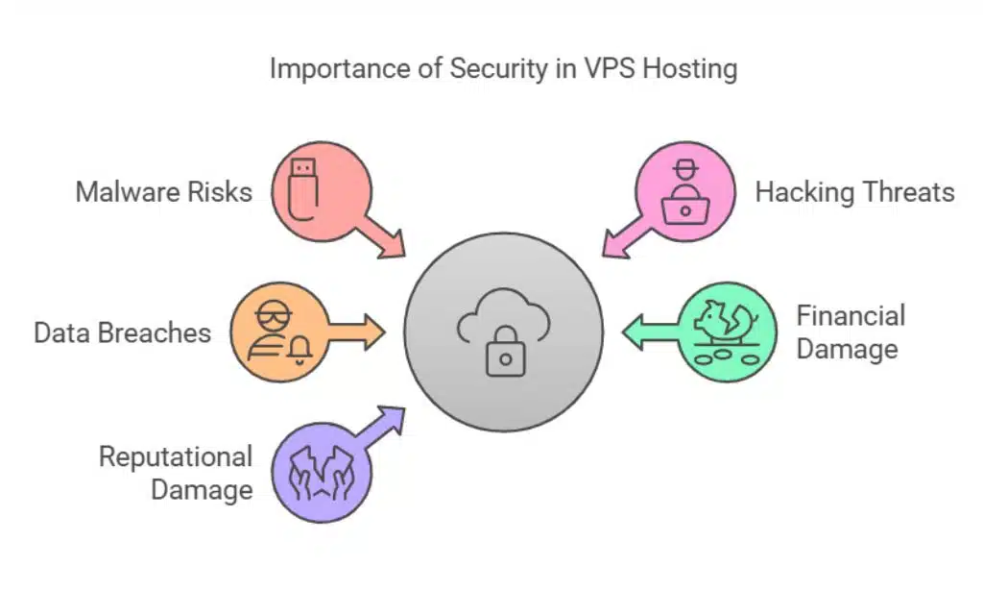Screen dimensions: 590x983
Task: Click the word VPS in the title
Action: (602, 70)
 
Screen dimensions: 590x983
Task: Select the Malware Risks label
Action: (164, 191)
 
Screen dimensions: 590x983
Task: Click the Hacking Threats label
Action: (854, 191)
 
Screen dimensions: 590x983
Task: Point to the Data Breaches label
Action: (122, 332)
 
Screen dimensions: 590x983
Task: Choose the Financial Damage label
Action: (851, 332)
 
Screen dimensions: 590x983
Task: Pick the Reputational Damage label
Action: (176, 473)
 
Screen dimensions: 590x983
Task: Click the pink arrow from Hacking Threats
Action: (625, 238)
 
